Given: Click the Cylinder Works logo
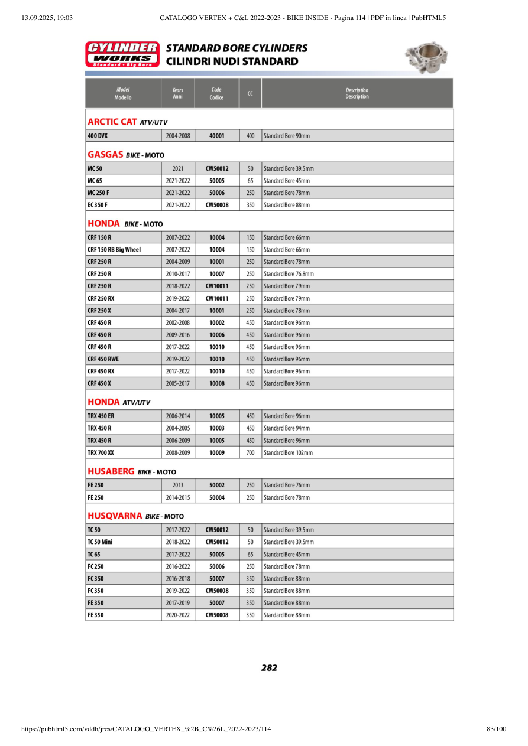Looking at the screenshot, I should pyautogui.click(x=122, y=54).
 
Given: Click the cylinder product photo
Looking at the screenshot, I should pyautogui.click(x=426, y=57).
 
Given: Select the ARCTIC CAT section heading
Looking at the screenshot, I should pyautogui.click(x=127, y=122).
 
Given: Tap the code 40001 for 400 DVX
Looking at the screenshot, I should pyautogui.click(x=217, y=136).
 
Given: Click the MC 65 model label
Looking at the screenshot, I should pyautogui.click(x=95, y=181).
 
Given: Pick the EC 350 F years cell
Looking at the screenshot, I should pyautogui.click(x=178, y=205).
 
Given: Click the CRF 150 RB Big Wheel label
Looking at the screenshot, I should pyautogui.click(x=114, y=250).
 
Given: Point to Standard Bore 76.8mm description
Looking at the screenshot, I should pyautogui.click(x=289, y=274).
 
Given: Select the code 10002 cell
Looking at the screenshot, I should pyautogui.click(x=217, y=322).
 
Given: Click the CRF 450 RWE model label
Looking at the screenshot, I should pyautogui.click(x=103, y=359).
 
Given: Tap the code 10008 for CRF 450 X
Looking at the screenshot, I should pyautogui.click(x=217, y=383).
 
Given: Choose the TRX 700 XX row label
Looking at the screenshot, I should pyautogui.click(x=101, y=453).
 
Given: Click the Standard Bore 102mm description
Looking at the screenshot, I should pyautogui.click(x=288, y=453).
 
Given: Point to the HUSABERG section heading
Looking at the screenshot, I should pyautogui.click(x=132, y=471).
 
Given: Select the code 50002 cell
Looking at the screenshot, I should pyautogui.click(x=217, y=485).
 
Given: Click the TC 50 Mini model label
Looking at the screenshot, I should pyautogui.click(x=100, y=542).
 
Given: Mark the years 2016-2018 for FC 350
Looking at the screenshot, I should pyautogui.click(x=178, y=578).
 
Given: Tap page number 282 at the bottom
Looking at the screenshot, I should pyautogui.click(x=269, y=668).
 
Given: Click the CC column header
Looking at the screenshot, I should pyautogui.click(x=250, y=93).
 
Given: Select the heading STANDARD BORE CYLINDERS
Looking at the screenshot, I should pyautogui.click(x=237, y=48).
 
